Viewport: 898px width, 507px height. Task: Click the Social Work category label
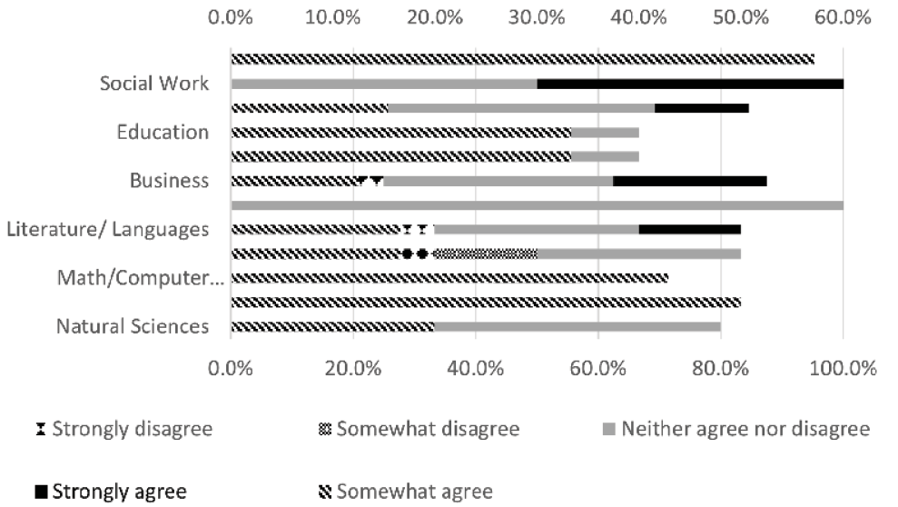(x=154, y=84)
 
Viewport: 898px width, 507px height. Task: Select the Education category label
(x=163, y=132)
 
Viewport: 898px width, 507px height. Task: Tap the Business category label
(x=169, y=180)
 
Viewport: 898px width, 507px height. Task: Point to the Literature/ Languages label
(x=107, y=229)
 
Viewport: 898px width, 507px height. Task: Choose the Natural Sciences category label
(x=133, y=326)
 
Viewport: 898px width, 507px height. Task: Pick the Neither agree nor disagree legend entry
(x=735, y=429)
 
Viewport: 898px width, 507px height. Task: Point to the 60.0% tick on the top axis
(x=843, y=16)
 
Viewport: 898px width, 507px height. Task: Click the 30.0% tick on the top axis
(x=538, y=16)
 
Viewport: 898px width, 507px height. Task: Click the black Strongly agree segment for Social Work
(x=690, y=84)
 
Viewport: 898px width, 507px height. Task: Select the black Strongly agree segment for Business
(x=690, y=180)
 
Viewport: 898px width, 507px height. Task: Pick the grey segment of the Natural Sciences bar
(x=577, y=326)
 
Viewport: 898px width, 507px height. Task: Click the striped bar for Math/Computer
(x=449, y=277)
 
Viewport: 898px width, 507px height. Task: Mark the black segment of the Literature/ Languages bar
(x=690, y=229)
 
